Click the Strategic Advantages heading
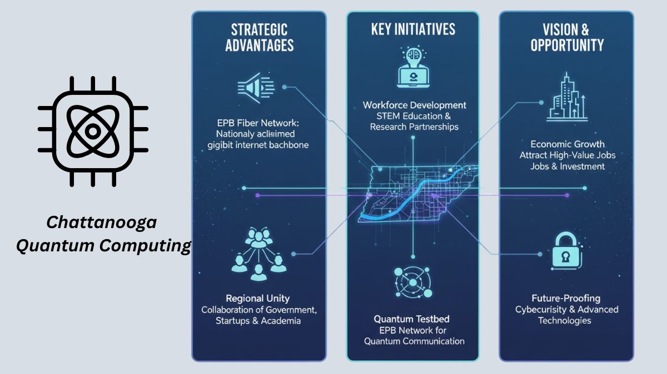pos(259,37)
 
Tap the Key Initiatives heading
pos(413,29)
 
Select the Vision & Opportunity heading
pos(566,37)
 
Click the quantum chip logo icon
pos(93,132)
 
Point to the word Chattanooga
pos(102,223)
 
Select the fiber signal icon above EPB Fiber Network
pos(256,87)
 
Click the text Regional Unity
pos(257,299)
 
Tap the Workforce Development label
pos(414,105)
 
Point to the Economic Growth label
pos(566,144)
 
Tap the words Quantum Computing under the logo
pos(103,245)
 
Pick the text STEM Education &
pos(414,116)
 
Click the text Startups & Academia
pos(258,321)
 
